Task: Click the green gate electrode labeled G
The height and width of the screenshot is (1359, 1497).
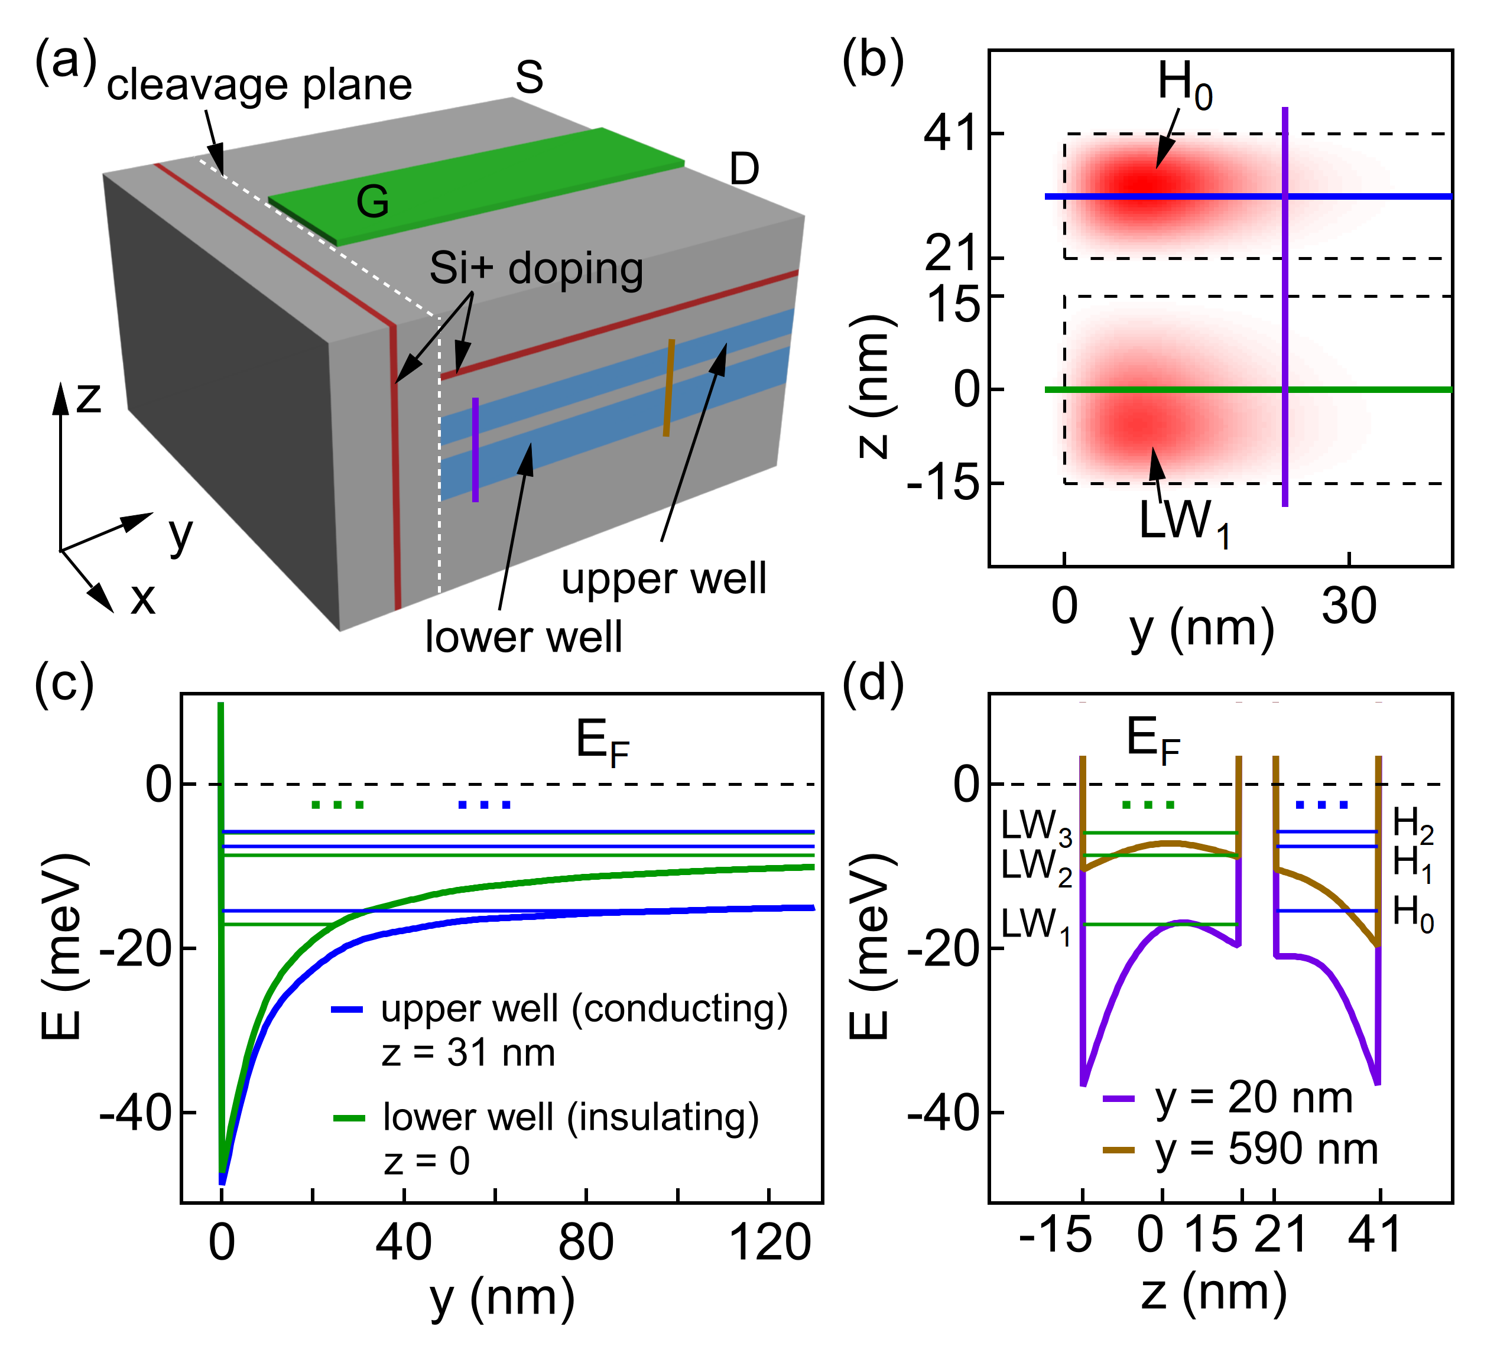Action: coord(475,186)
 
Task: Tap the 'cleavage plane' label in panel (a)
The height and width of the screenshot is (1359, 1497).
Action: coord(259,85)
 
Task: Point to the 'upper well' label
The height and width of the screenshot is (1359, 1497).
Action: coord(663,579)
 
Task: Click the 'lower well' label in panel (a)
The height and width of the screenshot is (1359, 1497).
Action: coord(524,637)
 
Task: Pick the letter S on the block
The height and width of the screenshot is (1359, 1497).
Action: coord(530,77)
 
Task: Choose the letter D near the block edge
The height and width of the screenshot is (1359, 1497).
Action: coord(744,169)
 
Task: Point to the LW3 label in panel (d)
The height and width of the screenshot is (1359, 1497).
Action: coord(1036,826)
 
